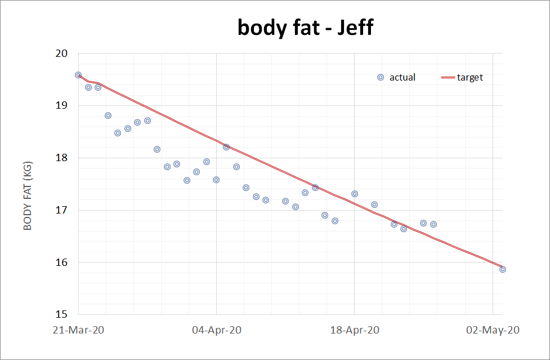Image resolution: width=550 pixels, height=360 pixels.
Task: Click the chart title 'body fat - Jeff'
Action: (x=306, y=27)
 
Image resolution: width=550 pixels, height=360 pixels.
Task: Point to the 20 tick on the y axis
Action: (x=61, y=54)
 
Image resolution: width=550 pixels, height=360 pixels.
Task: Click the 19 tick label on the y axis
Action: (x=61, y=105)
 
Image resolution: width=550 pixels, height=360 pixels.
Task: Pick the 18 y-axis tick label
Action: (x=61, y=158)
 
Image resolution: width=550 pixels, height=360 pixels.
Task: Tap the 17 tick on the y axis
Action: (x=61, y=210)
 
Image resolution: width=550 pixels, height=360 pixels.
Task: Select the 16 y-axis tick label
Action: (x=61, y=262)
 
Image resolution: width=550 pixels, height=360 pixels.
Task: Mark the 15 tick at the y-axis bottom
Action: (x=61, y=314)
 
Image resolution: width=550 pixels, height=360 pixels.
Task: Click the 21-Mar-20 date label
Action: (x=78, y=330)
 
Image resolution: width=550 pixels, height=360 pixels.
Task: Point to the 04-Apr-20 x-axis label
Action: (x=217, y=330)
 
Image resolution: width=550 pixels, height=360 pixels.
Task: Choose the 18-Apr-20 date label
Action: (x=355, y=330)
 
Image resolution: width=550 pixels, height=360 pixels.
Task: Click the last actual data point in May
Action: (x=503, y=269)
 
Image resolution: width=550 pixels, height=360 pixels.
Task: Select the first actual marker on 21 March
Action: (x=78, y=75)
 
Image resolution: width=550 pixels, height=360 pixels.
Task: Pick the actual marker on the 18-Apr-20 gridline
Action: (x=355, y=194)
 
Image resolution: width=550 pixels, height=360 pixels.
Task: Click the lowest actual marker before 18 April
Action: (x=335, y=221)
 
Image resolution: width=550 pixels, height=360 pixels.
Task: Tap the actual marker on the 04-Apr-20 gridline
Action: (x=216, y=180)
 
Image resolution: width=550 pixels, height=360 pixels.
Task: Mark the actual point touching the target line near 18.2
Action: (x=226, y=147)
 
